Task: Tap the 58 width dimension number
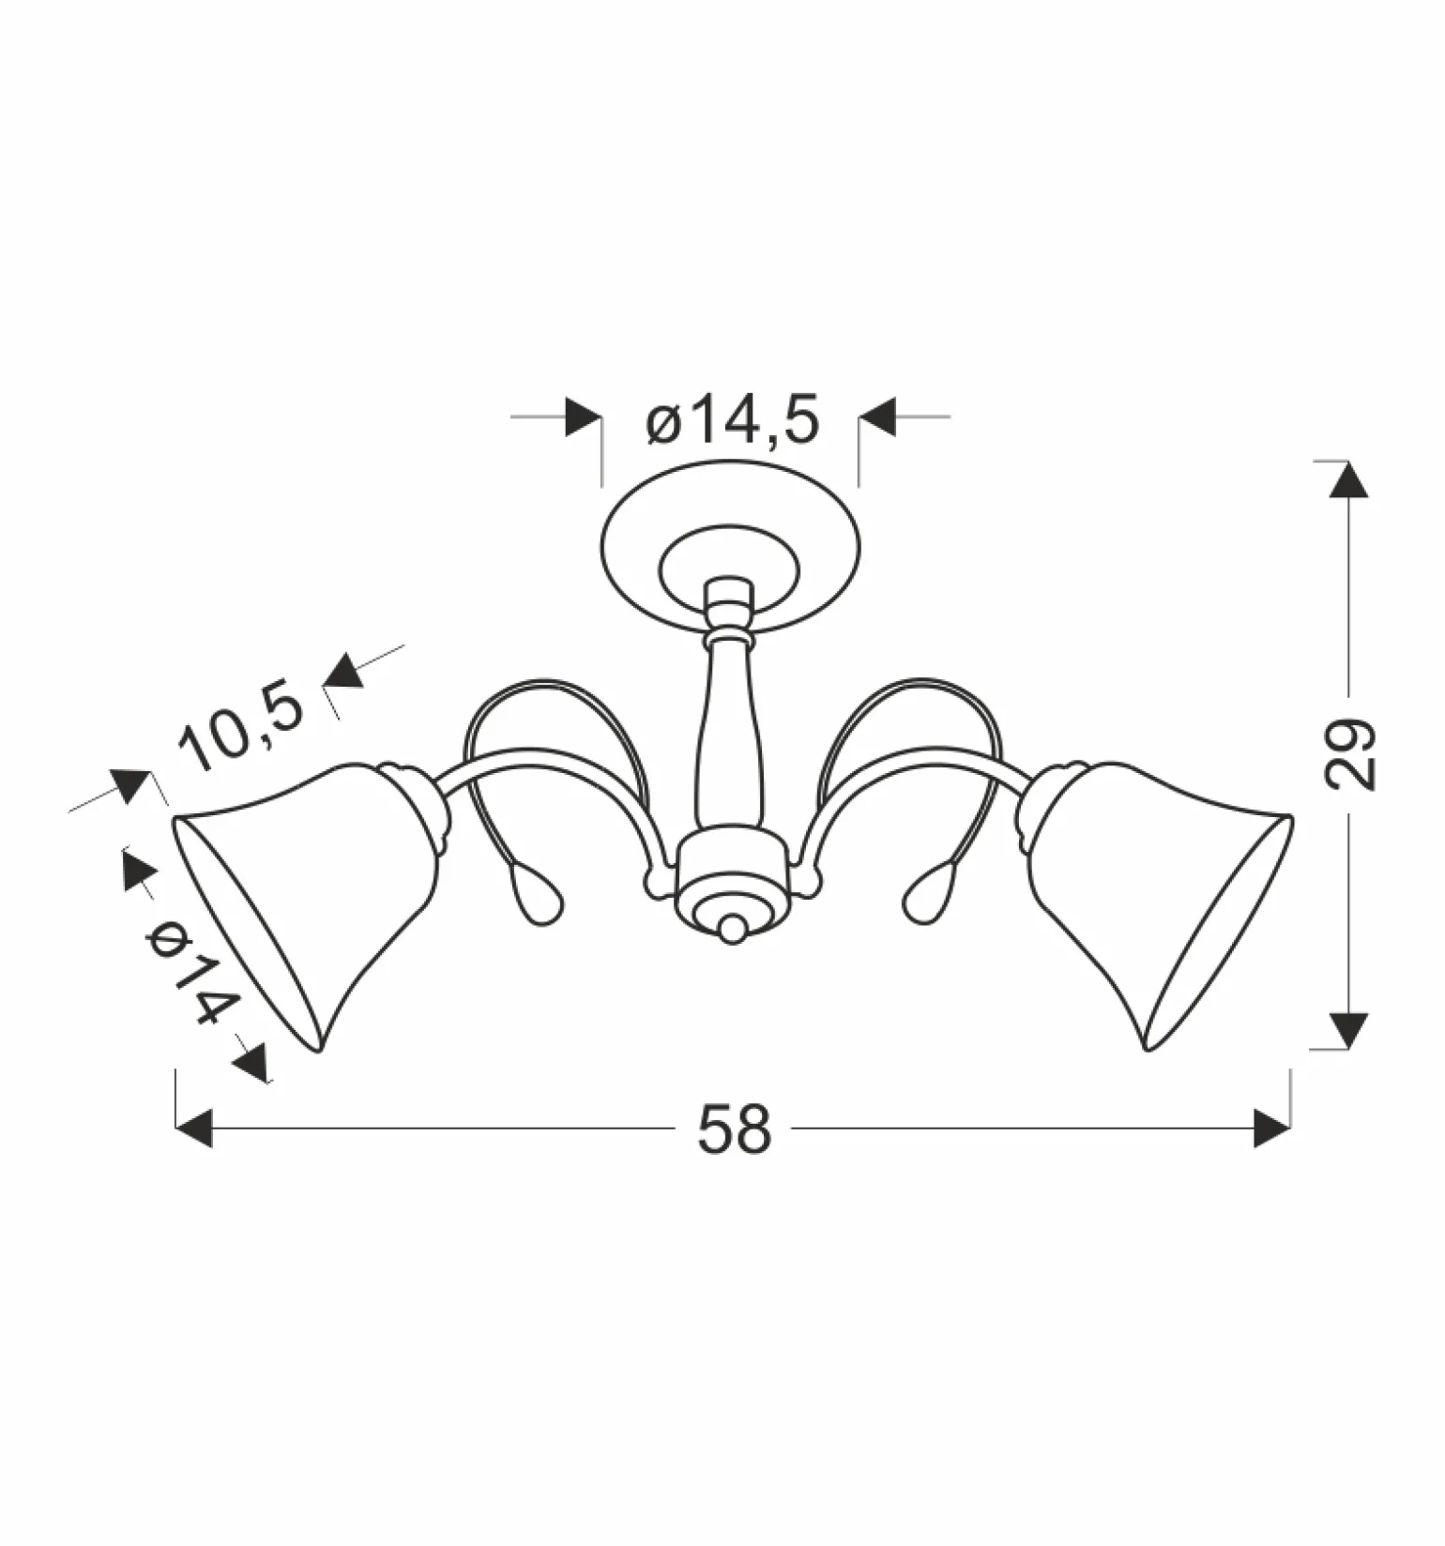tap(734, 1129)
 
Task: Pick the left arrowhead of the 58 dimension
tap(194, 1129)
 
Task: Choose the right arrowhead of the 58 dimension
tap(1271, 1128)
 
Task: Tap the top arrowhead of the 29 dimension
tap(1349, 479)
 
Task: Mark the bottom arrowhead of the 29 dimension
tap(1349, 1030)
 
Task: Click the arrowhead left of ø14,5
tap(584, 417)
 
